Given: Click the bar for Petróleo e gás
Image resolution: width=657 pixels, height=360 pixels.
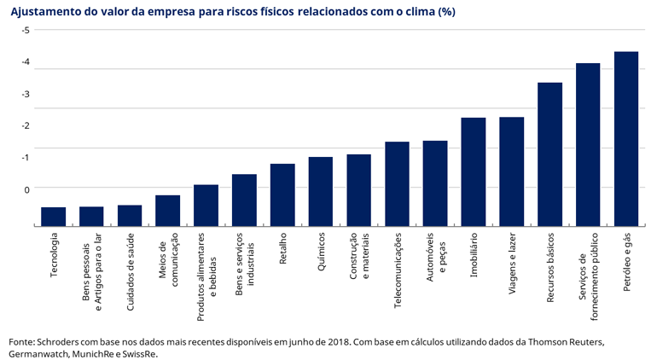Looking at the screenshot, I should pos(626,138).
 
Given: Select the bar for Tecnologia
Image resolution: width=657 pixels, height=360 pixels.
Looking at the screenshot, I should pos(53,216).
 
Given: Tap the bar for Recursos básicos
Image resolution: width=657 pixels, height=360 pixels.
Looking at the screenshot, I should pos(549,154).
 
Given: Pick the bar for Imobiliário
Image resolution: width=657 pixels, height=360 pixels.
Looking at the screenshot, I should pos(474,171).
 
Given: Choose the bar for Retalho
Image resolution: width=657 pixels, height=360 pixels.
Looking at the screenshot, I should pos(282,195).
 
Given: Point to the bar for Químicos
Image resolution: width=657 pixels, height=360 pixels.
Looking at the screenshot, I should pos(321,191).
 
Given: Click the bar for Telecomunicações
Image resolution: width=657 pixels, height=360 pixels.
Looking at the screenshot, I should pos(397,183).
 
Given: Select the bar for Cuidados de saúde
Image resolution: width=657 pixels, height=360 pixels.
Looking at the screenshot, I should pos(130,215).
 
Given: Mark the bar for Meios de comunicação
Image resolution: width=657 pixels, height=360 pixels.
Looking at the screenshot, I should pos(167,210).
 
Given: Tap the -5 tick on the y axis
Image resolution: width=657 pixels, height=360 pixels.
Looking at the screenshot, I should pos(26,30).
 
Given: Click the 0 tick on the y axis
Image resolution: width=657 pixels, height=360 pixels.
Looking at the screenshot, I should pos(26,189).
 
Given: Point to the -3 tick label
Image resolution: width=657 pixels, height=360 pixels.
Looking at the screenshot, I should pos(26,94).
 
